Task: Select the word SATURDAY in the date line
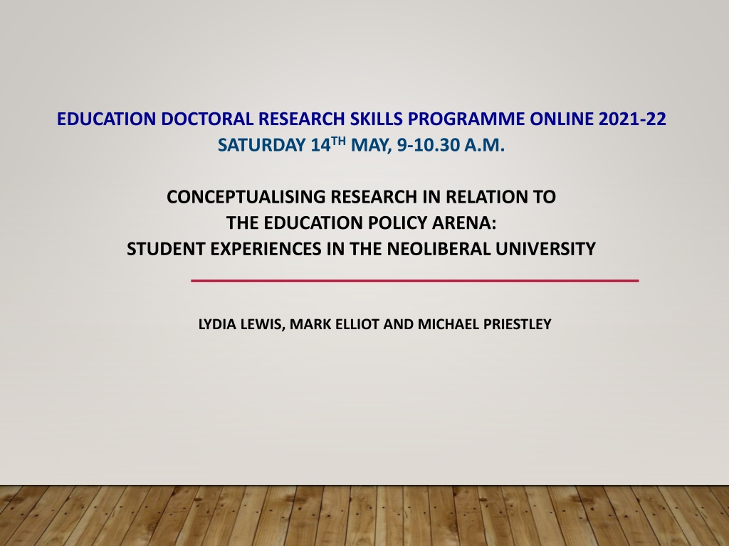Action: (x=261, y=145)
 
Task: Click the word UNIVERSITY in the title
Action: (x=545, y=249)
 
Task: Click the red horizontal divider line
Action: (x=415, y=280)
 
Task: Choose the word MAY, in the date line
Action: (x=372, y=145)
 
